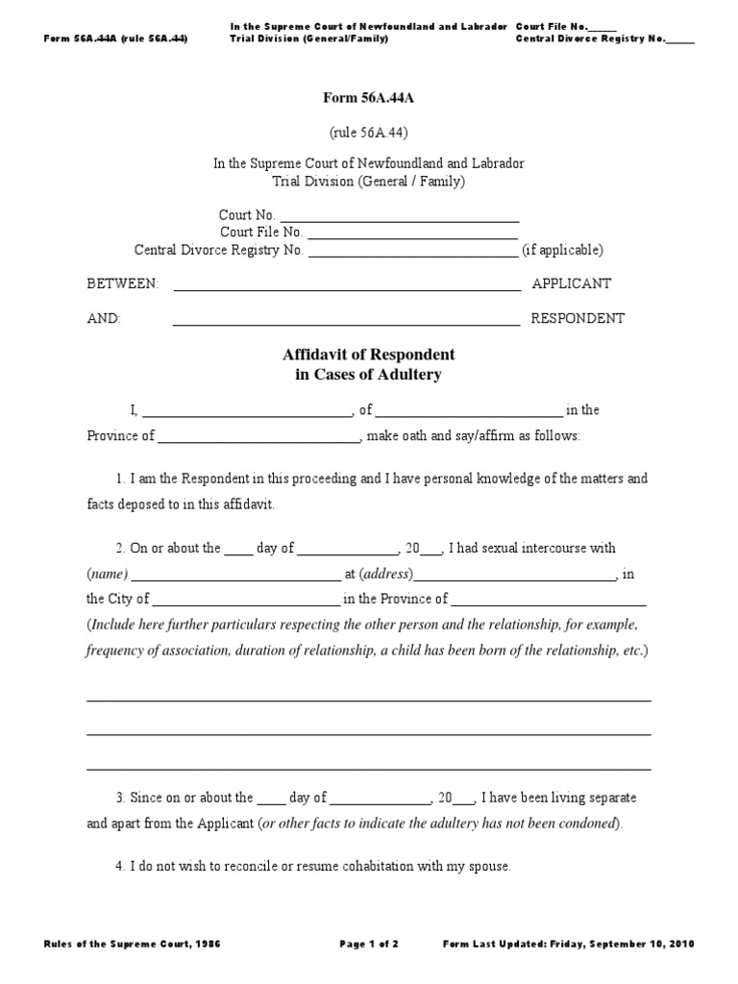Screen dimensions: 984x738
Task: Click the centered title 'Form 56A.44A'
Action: pyautogui.click(x=368, y=97)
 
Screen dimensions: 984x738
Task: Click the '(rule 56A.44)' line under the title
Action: pyautogui.click(x=369, y=132)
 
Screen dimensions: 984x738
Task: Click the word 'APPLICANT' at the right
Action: pyautogui.click(x=571, y=284)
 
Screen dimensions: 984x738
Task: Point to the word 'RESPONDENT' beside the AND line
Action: pyautogui.click(x=578, y=319)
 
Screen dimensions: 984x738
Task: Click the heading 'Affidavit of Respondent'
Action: pyautogui.click(x=368, y=356)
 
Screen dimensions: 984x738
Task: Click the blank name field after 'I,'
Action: pyautogui.click(x=248, y=411)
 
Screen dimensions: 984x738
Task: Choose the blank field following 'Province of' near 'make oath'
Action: pyautogui.click(x=258, y=436)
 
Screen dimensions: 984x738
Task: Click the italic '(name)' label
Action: pyautogui.click(x=105, y=575)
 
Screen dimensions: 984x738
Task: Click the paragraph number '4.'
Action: pyautogui.click(x=120, y=866)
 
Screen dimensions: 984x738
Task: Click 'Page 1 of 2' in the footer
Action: pyautogui.click(x=369, y=945)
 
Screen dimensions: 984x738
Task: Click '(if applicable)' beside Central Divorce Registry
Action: pyautogui.click(x=562, y=250)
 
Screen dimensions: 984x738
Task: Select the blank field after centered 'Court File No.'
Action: pyautogui.click(x=412, y=233)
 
